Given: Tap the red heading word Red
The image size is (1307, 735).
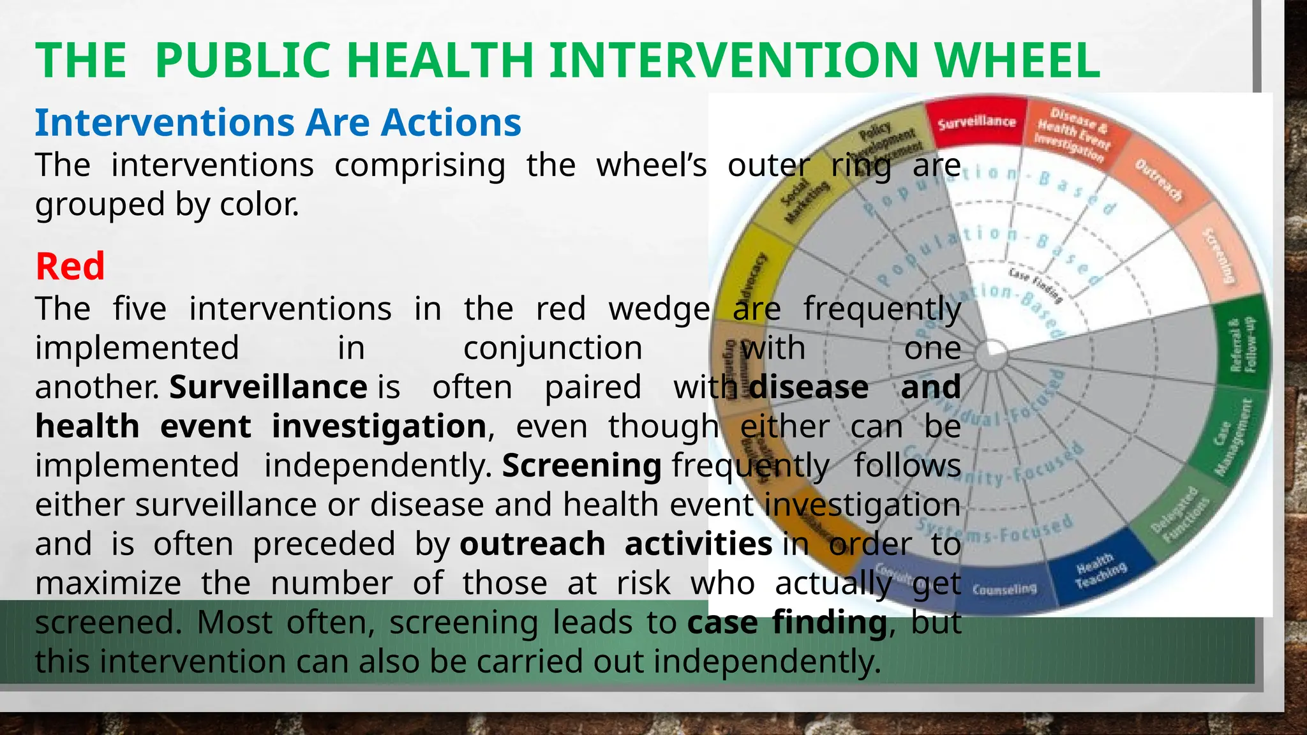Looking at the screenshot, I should pyautogui.click(x=70, y=266).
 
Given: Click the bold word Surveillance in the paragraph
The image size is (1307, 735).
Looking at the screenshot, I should pyautogui.click(x=268, y=387).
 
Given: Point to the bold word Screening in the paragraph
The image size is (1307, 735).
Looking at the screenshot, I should pyautogui.click(x=581, y=466).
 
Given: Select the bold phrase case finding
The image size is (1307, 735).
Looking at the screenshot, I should pyautogui.click(x=787, y=622).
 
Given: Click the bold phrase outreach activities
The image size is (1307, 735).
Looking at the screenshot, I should pyautogui.click(x=616, y=544).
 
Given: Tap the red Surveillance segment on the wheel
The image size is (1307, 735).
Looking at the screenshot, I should pyautogui.click(x=976, y=121).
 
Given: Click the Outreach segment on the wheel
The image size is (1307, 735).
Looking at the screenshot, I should pyautogui.click(x=1158, y=181).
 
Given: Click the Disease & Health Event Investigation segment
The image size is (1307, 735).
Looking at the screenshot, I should pyautogui.click(x=1072, y=134).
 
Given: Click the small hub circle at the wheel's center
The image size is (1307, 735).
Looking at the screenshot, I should pyautogui.click(x=990, y=357).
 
